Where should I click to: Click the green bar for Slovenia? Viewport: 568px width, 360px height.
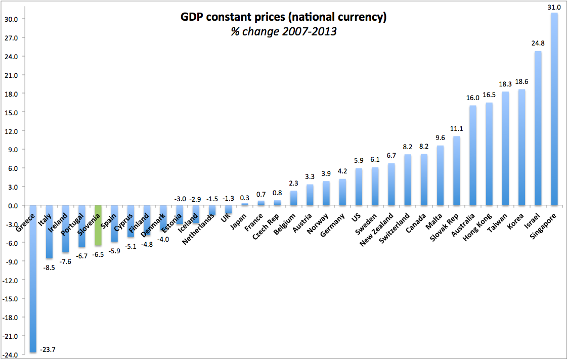(98, 226)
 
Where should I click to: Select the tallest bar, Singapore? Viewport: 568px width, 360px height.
(554, 109)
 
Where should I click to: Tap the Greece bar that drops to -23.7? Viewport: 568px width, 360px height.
(33, 278)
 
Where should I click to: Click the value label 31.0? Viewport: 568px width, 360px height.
(554, 7)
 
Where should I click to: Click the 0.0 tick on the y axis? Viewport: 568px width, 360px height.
(12, 206)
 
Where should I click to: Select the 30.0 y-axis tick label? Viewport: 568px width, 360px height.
(11, 19)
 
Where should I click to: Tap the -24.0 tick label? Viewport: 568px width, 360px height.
(10, 355)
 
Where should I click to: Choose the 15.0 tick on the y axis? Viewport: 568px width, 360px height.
(11, 112)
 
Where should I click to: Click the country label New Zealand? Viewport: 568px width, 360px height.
(377, 231)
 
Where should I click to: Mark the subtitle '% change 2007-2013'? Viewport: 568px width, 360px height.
(284, 31)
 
